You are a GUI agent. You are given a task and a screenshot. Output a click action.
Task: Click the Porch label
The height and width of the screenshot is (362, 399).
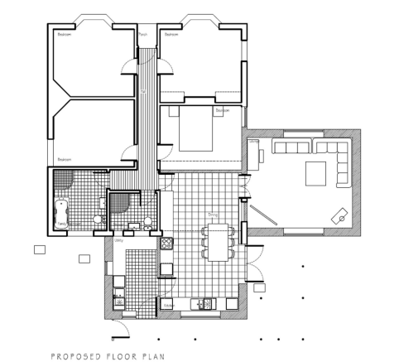tap(142, 35)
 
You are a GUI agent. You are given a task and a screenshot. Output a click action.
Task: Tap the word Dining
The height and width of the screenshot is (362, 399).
tap(212, 214)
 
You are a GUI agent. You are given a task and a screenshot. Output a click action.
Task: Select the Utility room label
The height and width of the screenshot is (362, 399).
tap(118, 241)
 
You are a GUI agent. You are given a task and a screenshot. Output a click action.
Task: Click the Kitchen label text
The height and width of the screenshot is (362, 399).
tap(166, 306)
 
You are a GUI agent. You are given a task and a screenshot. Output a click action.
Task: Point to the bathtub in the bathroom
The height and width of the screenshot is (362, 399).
tap(60, 213)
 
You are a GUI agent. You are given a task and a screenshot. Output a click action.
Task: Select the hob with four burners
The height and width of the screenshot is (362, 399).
tap(166, 244)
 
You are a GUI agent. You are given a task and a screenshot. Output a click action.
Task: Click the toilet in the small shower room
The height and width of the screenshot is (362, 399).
tap(147, 220)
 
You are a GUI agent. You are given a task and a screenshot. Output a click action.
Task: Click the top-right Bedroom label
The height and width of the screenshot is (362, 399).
tap(171, 35)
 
